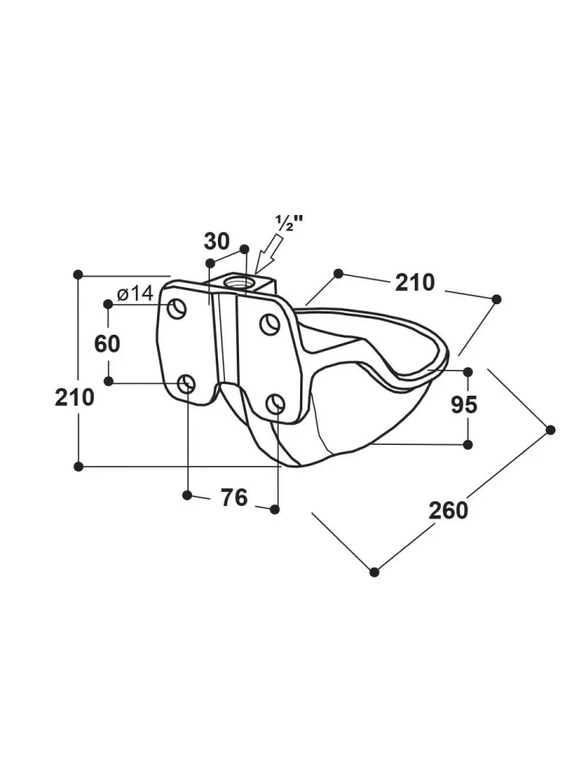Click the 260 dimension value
click(x=448, y=510)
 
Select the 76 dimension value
click(x=234, y=497)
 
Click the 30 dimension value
click(x=216, y=240)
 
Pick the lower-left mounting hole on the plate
click(x=187, y=383)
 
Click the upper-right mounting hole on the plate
click(x=270, y=324)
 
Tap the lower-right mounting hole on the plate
click(x=275, y=404)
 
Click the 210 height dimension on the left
click(x=74, y=397)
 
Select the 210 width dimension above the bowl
click(x=414, y=282)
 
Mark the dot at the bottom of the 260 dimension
click(x=374, y=572)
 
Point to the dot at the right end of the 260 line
click(x=550, y=429)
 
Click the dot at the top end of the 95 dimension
click(x=467, y=371)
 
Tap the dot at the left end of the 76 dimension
click(x=187, y=494)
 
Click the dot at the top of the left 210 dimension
click(x=78, y=274)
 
